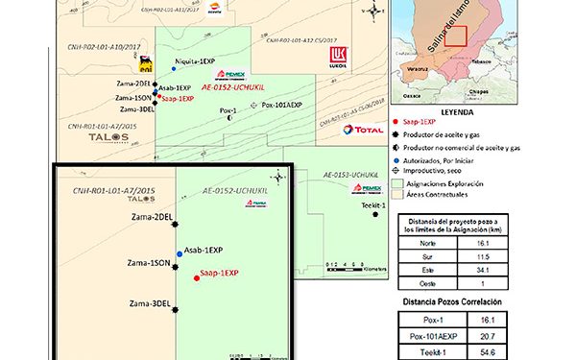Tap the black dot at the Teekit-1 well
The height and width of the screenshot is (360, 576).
pyautogui.click(x=375, y=215)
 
